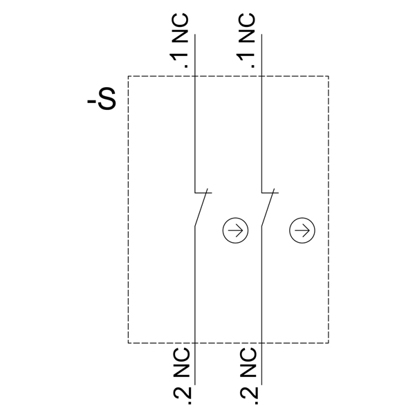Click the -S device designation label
(102, 98)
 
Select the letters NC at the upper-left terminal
(181, 28)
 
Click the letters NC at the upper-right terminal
(247, 28)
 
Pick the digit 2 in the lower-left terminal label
(182, 393)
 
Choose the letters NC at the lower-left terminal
(182, 362)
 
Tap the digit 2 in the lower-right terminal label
(249, 393)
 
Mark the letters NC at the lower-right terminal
(249, 362)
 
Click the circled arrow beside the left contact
(235, 230)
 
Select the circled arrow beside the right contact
(302, 230)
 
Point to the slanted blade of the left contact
(201, 207)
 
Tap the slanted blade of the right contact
(268, 207)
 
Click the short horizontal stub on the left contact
(203, 193)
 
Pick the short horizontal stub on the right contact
(270, 193)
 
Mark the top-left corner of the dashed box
(129, 76)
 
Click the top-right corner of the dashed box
(329, 76)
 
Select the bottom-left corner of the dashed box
(129, 343)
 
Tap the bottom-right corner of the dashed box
(329, 343)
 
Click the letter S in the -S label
(107, 98)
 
